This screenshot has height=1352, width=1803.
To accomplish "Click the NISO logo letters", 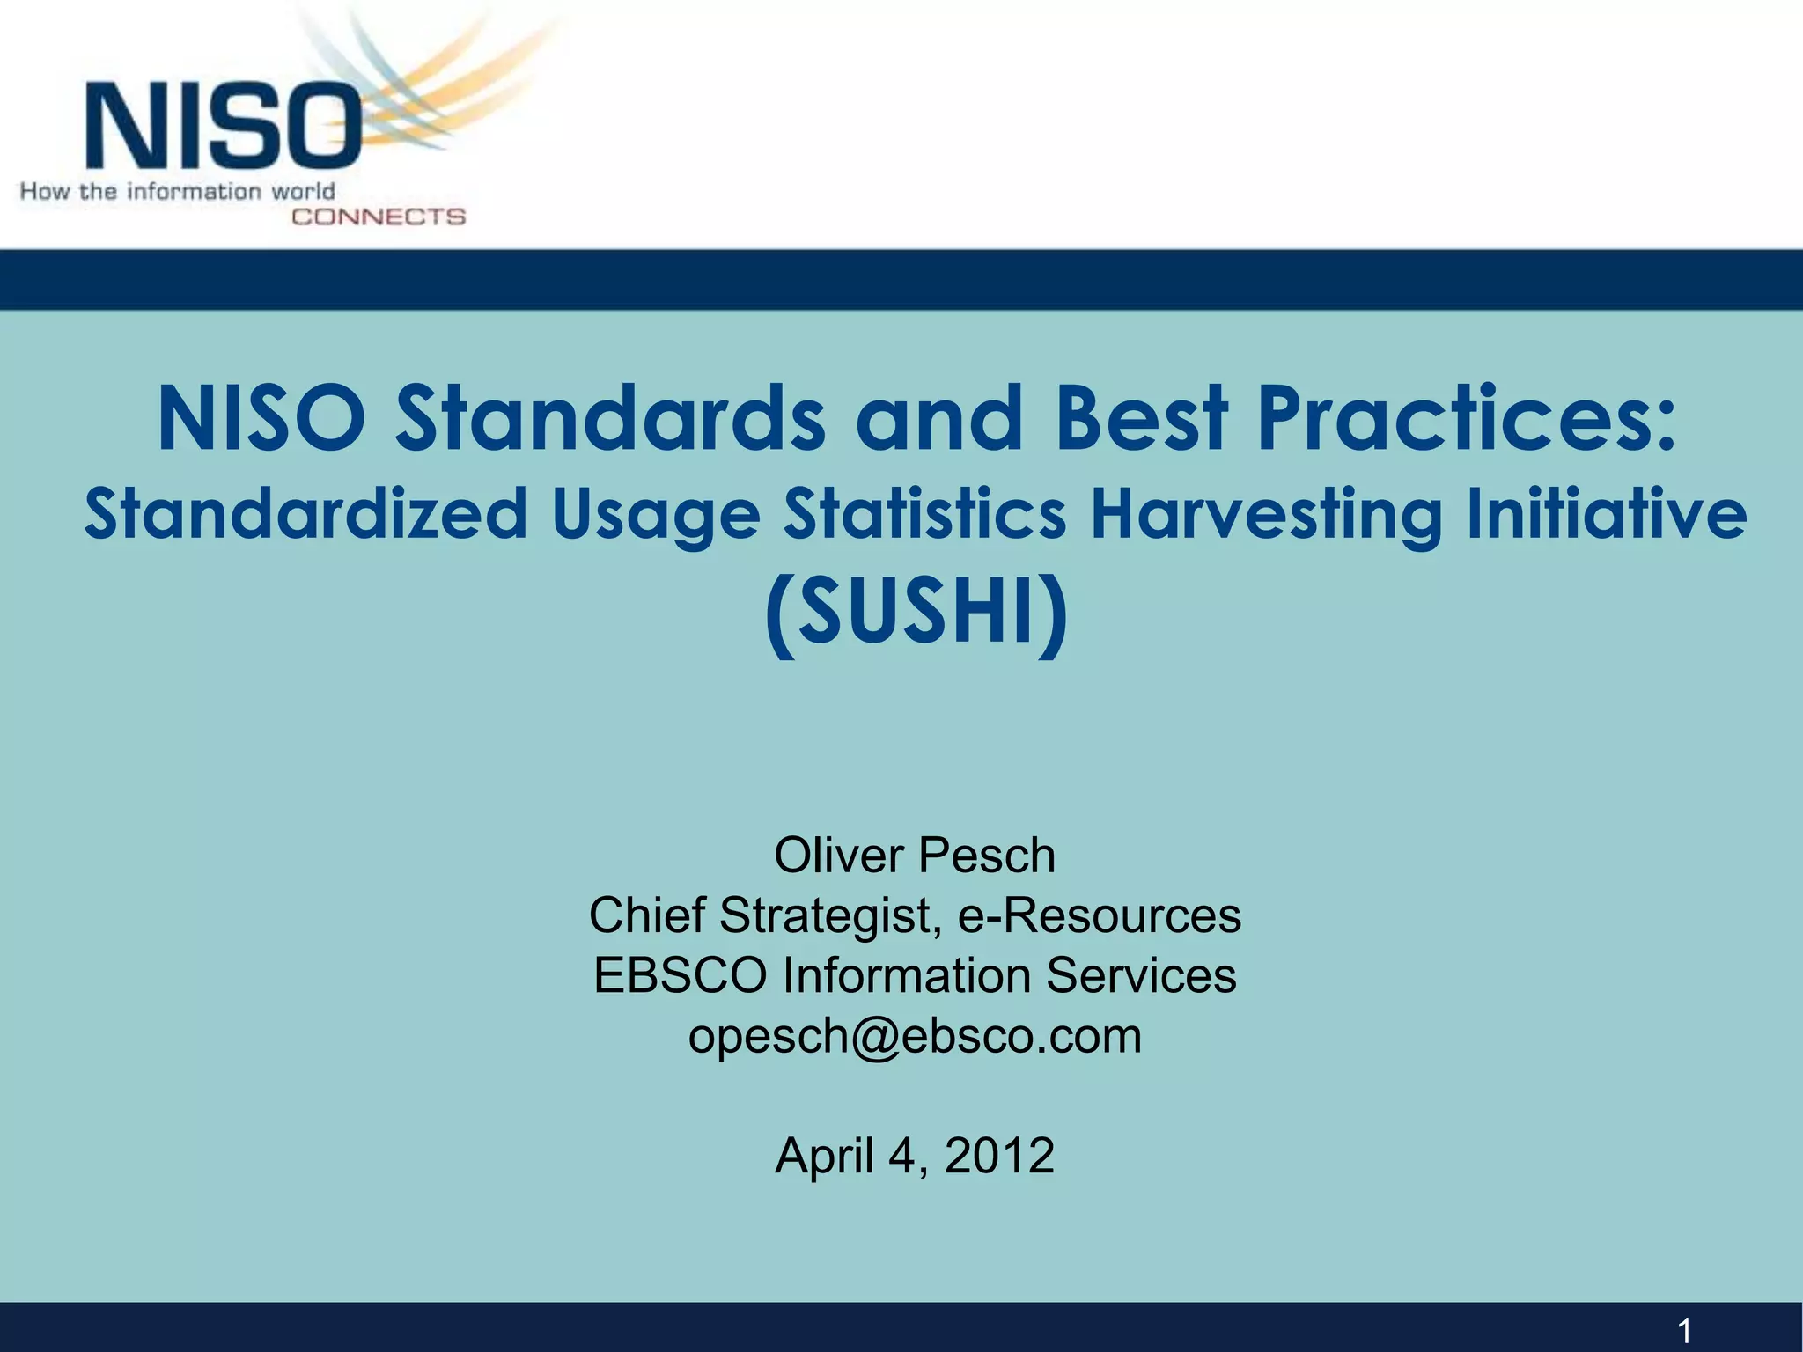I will [224, 125].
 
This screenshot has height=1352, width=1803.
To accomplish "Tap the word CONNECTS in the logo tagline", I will [378, 217].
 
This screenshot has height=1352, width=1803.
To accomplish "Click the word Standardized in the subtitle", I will [305, 514].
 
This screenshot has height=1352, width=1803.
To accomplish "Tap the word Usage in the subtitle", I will [656, 516].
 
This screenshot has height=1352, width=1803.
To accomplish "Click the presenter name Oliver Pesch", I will [915, 856].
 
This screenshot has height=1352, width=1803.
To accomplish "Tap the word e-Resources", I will [1100, 915].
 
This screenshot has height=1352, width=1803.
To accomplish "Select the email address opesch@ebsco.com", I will [915, 1036].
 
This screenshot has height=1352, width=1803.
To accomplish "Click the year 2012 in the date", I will [999, 1155].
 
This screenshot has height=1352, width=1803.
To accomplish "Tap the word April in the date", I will [825, 1155].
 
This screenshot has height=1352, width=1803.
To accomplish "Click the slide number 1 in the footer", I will [1684, 1330].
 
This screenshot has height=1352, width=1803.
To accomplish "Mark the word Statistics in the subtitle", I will [925, 514].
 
